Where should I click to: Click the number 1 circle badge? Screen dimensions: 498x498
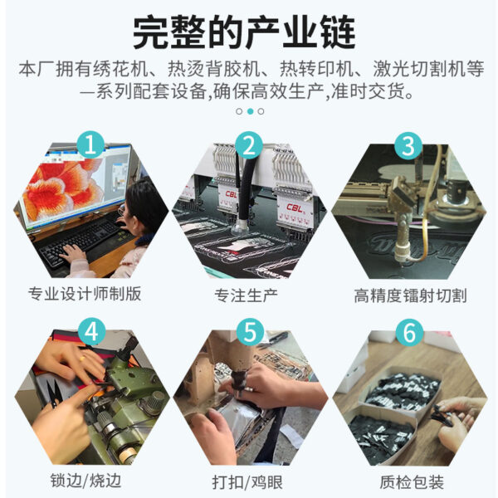[90, 145]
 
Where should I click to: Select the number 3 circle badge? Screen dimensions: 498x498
[408, 146]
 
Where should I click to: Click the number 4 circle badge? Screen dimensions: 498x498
[92, 332]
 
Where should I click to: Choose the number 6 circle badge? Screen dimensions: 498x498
[409, 333]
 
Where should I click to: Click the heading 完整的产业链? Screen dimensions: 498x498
[244, 32]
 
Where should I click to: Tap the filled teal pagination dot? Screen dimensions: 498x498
[251, 111]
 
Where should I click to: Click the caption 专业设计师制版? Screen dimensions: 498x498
[85, 294]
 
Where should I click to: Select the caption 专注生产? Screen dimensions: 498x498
[247, 295]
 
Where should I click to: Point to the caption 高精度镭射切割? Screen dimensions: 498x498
[410, 295]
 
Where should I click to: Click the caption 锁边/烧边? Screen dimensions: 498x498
[85, 481]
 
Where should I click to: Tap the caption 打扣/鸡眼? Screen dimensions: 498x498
[247, 482]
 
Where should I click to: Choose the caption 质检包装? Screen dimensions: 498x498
[412, 482]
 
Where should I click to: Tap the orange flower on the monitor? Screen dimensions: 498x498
[65, 188]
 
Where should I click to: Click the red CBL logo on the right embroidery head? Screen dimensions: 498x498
[295, 207]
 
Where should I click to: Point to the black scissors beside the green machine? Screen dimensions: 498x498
[53, 393]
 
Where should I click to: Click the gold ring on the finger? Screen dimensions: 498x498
[81, 359]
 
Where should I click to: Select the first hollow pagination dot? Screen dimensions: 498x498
[240, 111]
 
